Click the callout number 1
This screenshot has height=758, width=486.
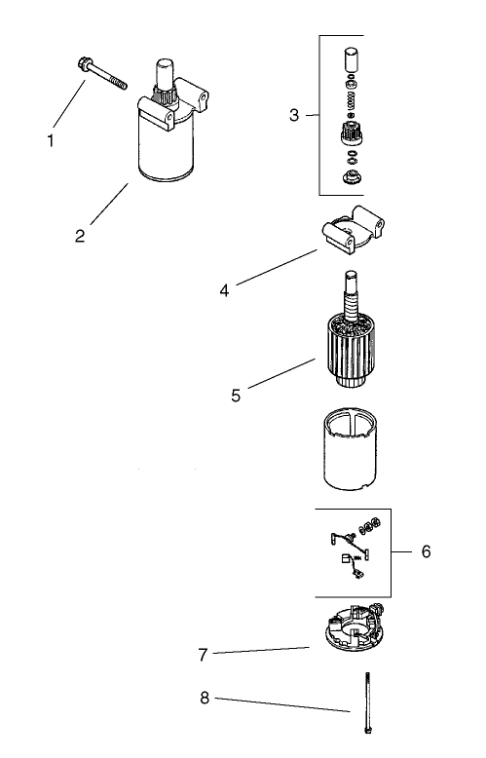(x=51, y=141)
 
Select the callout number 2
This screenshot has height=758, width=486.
(x=80, y=236)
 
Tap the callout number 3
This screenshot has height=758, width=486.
(x=294, y=116)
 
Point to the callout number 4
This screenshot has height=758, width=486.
(x=224, y=291)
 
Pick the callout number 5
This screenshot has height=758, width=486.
(x=236, y=396)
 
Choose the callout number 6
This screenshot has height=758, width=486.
(x=426, y=551)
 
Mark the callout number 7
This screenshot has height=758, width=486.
(x=203, y=655)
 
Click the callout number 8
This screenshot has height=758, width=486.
(x=205, y=698)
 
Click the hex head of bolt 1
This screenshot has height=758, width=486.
(x=82, y=63)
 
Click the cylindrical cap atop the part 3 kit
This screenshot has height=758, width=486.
(x=352, y=60)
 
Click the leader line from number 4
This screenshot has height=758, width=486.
(x=277, y=267)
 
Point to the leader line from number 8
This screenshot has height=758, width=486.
(x=282, y=704)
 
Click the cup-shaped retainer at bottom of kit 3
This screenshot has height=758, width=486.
(x=351, y=177)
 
